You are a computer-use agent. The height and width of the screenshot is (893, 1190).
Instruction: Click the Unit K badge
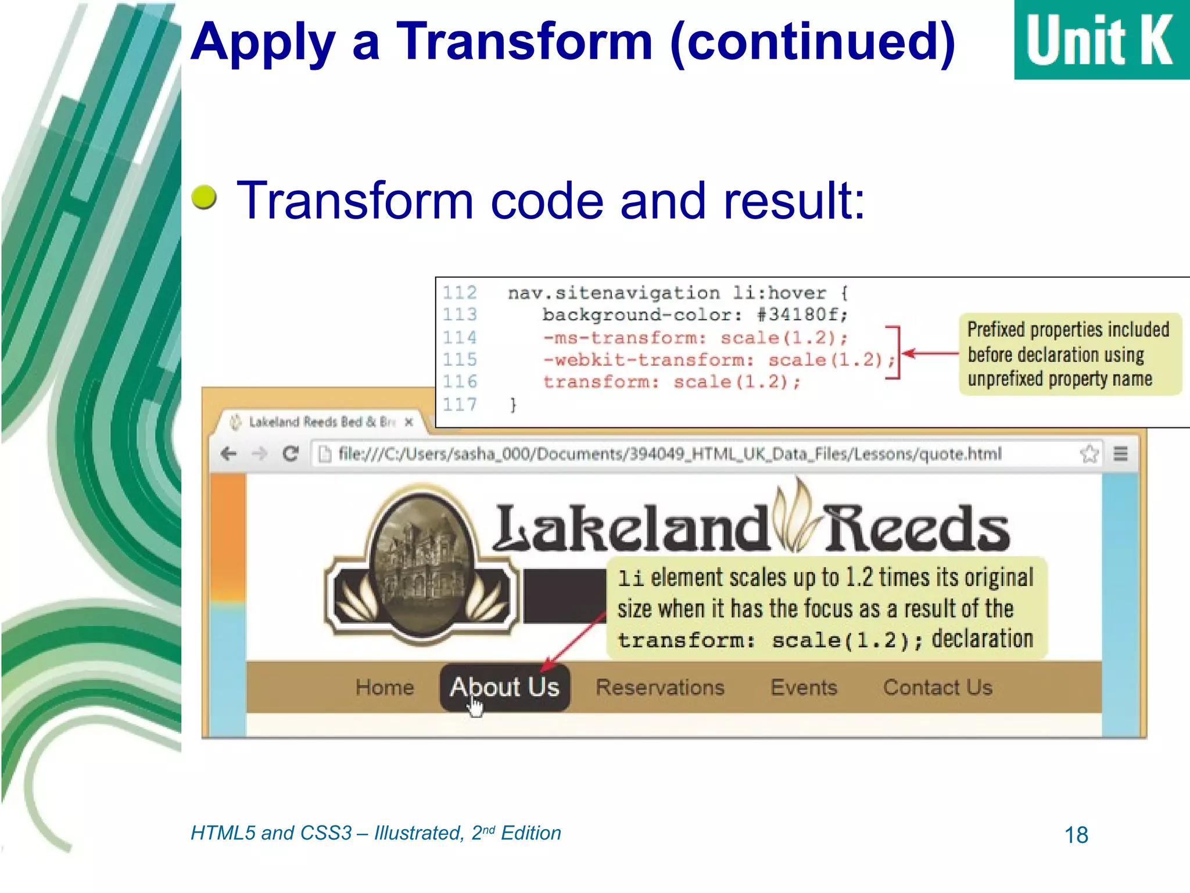point(1101,40)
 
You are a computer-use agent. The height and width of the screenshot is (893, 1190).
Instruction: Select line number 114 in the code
point(460,337)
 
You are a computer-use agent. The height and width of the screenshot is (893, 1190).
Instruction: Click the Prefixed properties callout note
point(1069,354)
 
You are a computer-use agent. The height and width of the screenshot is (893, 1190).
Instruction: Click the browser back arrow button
point(229,453)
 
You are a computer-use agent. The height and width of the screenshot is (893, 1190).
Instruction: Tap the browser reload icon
point(291,453)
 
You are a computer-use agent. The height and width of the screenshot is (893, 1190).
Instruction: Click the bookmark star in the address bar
point(1089,453)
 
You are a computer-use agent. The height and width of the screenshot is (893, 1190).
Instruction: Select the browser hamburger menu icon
point(1120,453)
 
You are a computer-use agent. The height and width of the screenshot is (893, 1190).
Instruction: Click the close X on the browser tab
point(409,422)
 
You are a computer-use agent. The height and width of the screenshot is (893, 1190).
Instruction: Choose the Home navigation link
point(385,687)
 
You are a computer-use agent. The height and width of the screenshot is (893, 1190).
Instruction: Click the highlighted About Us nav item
point(504,687)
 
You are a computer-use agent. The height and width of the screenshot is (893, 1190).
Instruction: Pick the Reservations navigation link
point(660,687)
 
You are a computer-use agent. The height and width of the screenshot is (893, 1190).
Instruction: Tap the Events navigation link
point(804,687)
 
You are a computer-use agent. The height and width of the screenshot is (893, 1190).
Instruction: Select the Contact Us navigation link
point(937,687)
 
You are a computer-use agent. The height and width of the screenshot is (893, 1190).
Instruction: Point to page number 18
point(1076,835)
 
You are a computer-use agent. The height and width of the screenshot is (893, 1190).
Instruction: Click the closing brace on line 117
point(512,404)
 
